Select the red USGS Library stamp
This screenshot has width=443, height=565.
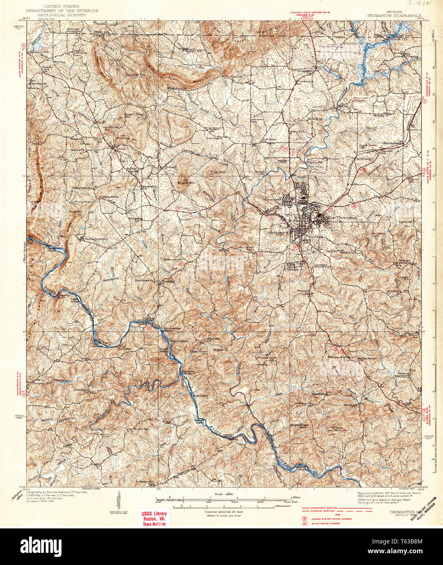coord(154,518)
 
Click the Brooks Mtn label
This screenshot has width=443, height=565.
coord(186,183)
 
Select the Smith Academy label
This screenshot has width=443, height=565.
coord(94,239)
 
